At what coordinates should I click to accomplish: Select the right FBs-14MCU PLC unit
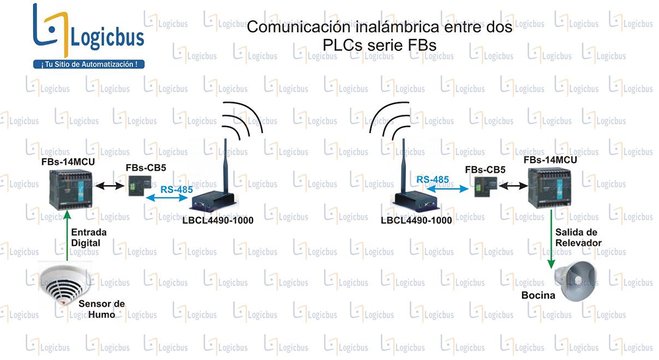click(x=550, y=187)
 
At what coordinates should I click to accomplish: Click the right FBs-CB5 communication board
click(x=486, y=187)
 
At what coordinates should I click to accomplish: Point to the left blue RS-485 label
click(x=177, y=190)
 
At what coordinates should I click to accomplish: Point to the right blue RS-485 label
click(x=432, y=179)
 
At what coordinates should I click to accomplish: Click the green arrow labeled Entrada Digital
click(x=67, y=235)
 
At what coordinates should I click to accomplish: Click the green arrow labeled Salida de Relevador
click(x=551, y=239)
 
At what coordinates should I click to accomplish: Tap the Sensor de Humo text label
click(x=101, y=309)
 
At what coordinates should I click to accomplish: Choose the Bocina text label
click(x=538, y=295)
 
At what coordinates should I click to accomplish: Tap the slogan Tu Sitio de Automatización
click(x=90, y=65)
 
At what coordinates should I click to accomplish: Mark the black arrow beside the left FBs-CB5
click(x=110, y=185)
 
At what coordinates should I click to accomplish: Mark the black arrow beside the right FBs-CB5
click(x=513, y=185)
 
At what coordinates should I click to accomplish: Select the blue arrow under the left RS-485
click(x=167, y=196)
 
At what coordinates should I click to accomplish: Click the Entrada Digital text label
click(x=89, y=237)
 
